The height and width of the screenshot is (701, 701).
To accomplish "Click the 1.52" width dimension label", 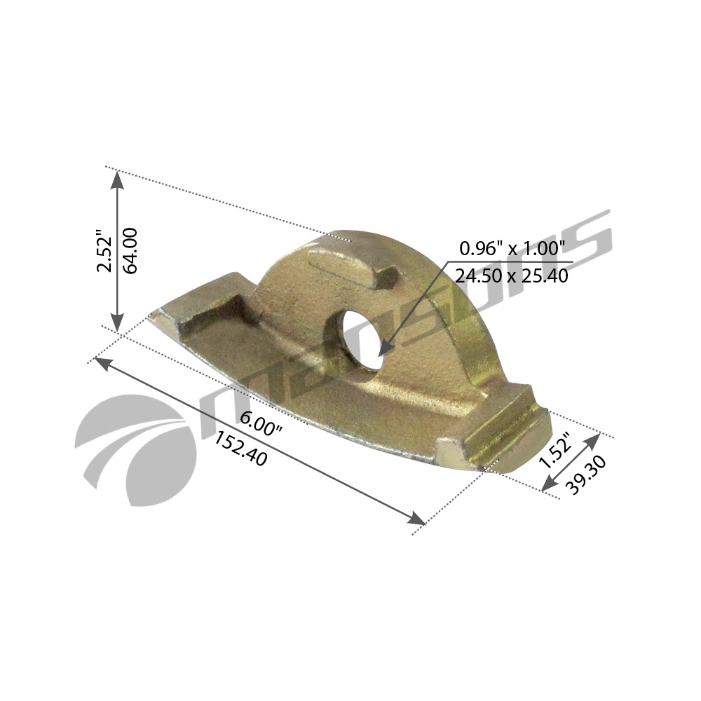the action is click(554, 449).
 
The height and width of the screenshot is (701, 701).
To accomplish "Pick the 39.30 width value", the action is click(585, 475).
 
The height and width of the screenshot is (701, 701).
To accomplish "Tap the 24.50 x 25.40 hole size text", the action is click(512, 276).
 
